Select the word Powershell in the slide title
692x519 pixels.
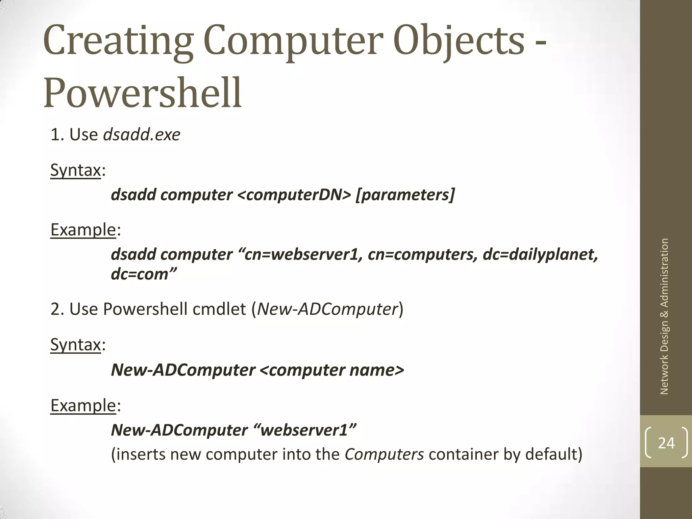click(x=143, y=93)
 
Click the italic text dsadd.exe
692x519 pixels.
click(x=142, y=134)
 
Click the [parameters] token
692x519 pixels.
click(x=405, y=195)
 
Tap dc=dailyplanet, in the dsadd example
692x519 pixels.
click(x=540, y=254)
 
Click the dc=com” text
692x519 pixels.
click(x=144, y=274)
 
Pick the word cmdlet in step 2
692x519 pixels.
click(x=219, y=309)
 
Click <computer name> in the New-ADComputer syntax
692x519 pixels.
click(x=332, y=370)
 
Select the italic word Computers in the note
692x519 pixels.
click(x=384, y=454)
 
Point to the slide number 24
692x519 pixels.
click(x=666, y=443)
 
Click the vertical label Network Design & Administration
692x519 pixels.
click(x=664, y=316)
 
